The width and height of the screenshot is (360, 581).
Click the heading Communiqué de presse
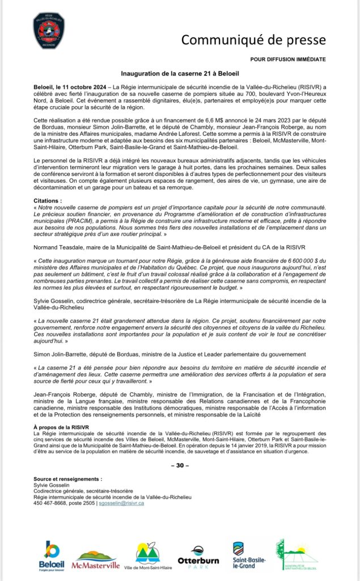click(253, 40)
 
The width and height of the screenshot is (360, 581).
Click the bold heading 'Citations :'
click(48, 201)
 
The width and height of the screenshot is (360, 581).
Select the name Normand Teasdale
click(57, 246)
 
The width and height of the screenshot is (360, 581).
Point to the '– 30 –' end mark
click(180, 465)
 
